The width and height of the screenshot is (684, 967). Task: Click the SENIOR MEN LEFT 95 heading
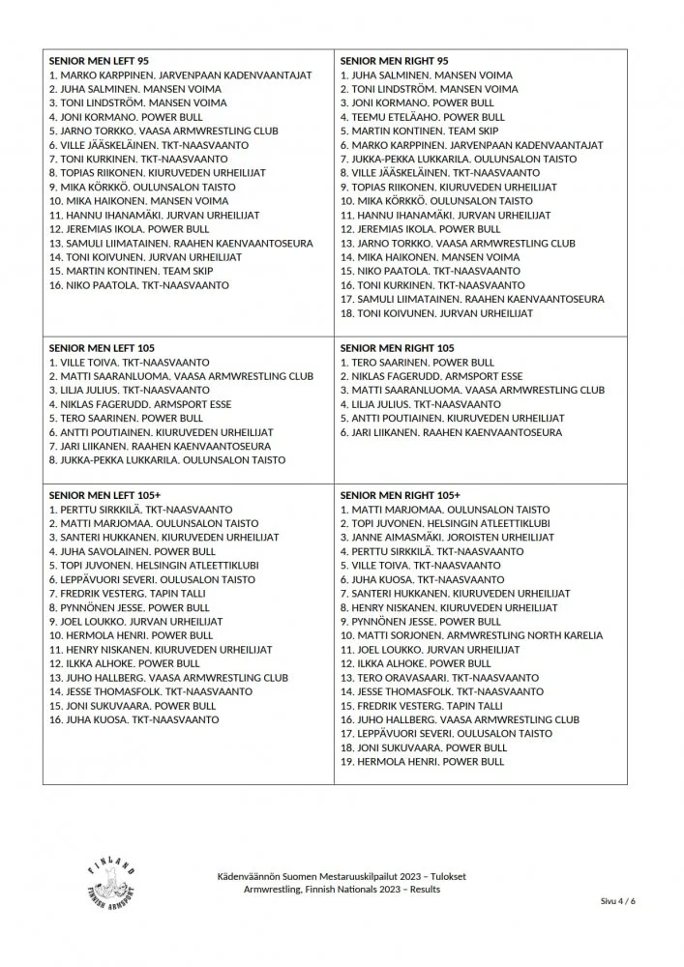coord(99,60)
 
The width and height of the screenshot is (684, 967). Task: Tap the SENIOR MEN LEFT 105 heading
coord(102,347)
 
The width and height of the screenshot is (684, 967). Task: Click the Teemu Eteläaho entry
coord(422,117)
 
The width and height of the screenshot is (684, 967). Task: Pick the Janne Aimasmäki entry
coord(446,537)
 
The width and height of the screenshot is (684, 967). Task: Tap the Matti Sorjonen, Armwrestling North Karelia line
coord(470,635)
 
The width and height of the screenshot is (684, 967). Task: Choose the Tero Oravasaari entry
coord(439,678)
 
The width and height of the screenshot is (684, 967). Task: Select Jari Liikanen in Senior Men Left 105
coord(145,446)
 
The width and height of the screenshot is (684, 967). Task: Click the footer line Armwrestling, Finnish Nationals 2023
coord(342,889)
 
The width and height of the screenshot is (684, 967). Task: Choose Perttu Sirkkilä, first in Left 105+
coord(140,509)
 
